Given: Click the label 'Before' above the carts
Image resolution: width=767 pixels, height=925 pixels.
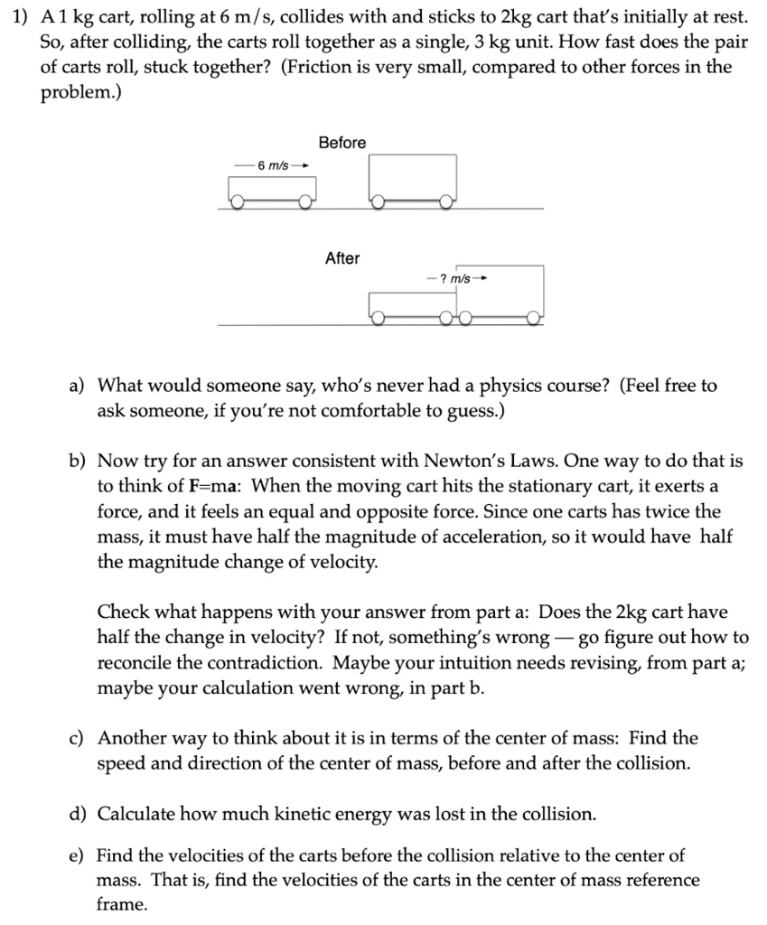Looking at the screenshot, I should click(x=342, y=143).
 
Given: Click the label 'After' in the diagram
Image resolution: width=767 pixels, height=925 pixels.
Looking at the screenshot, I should click(x=342, y=258).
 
